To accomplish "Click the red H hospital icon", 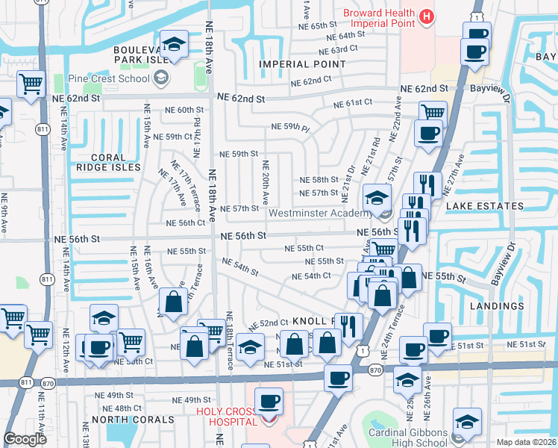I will click(x=426, y=16).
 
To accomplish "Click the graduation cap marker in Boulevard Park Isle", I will click(x=173, y=44).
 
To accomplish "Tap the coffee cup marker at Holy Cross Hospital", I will click(x=269, y=402).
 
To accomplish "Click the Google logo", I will click(x=25, y=439).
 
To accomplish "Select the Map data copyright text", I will click(x=525, y=442).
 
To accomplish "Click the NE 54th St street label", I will click(x=240, y=266).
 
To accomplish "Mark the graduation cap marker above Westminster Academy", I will click(x=377, y=198).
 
